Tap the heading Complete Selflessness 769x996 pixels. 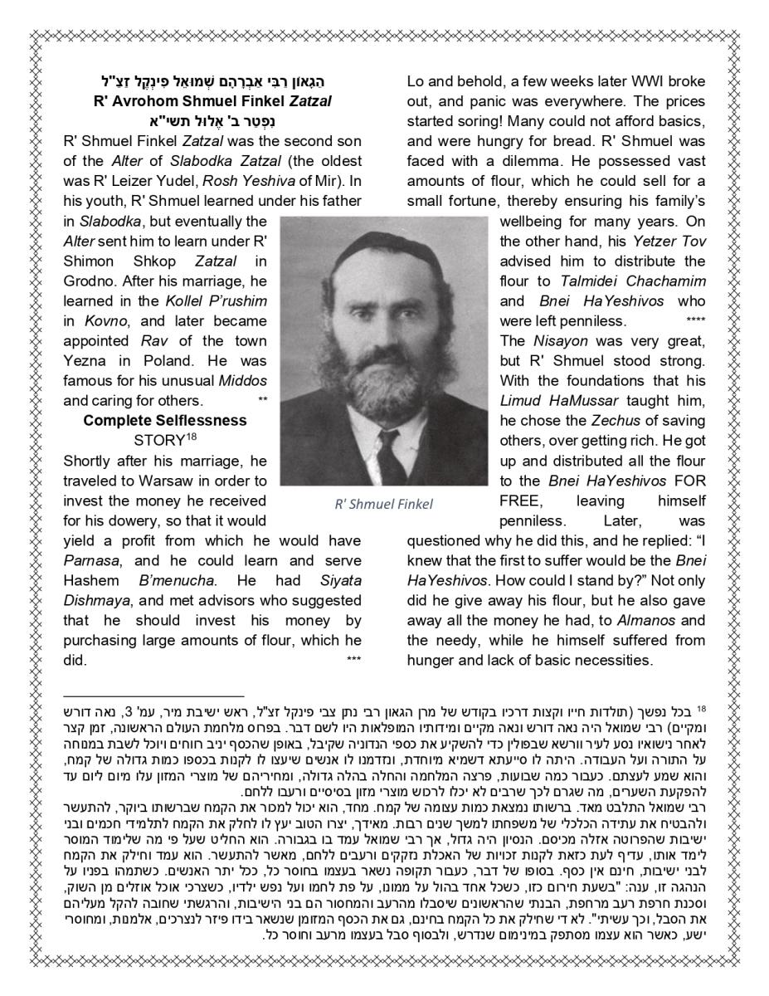(x=165, y=421)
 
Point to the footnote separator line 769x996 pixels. (x=154, y=697)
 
